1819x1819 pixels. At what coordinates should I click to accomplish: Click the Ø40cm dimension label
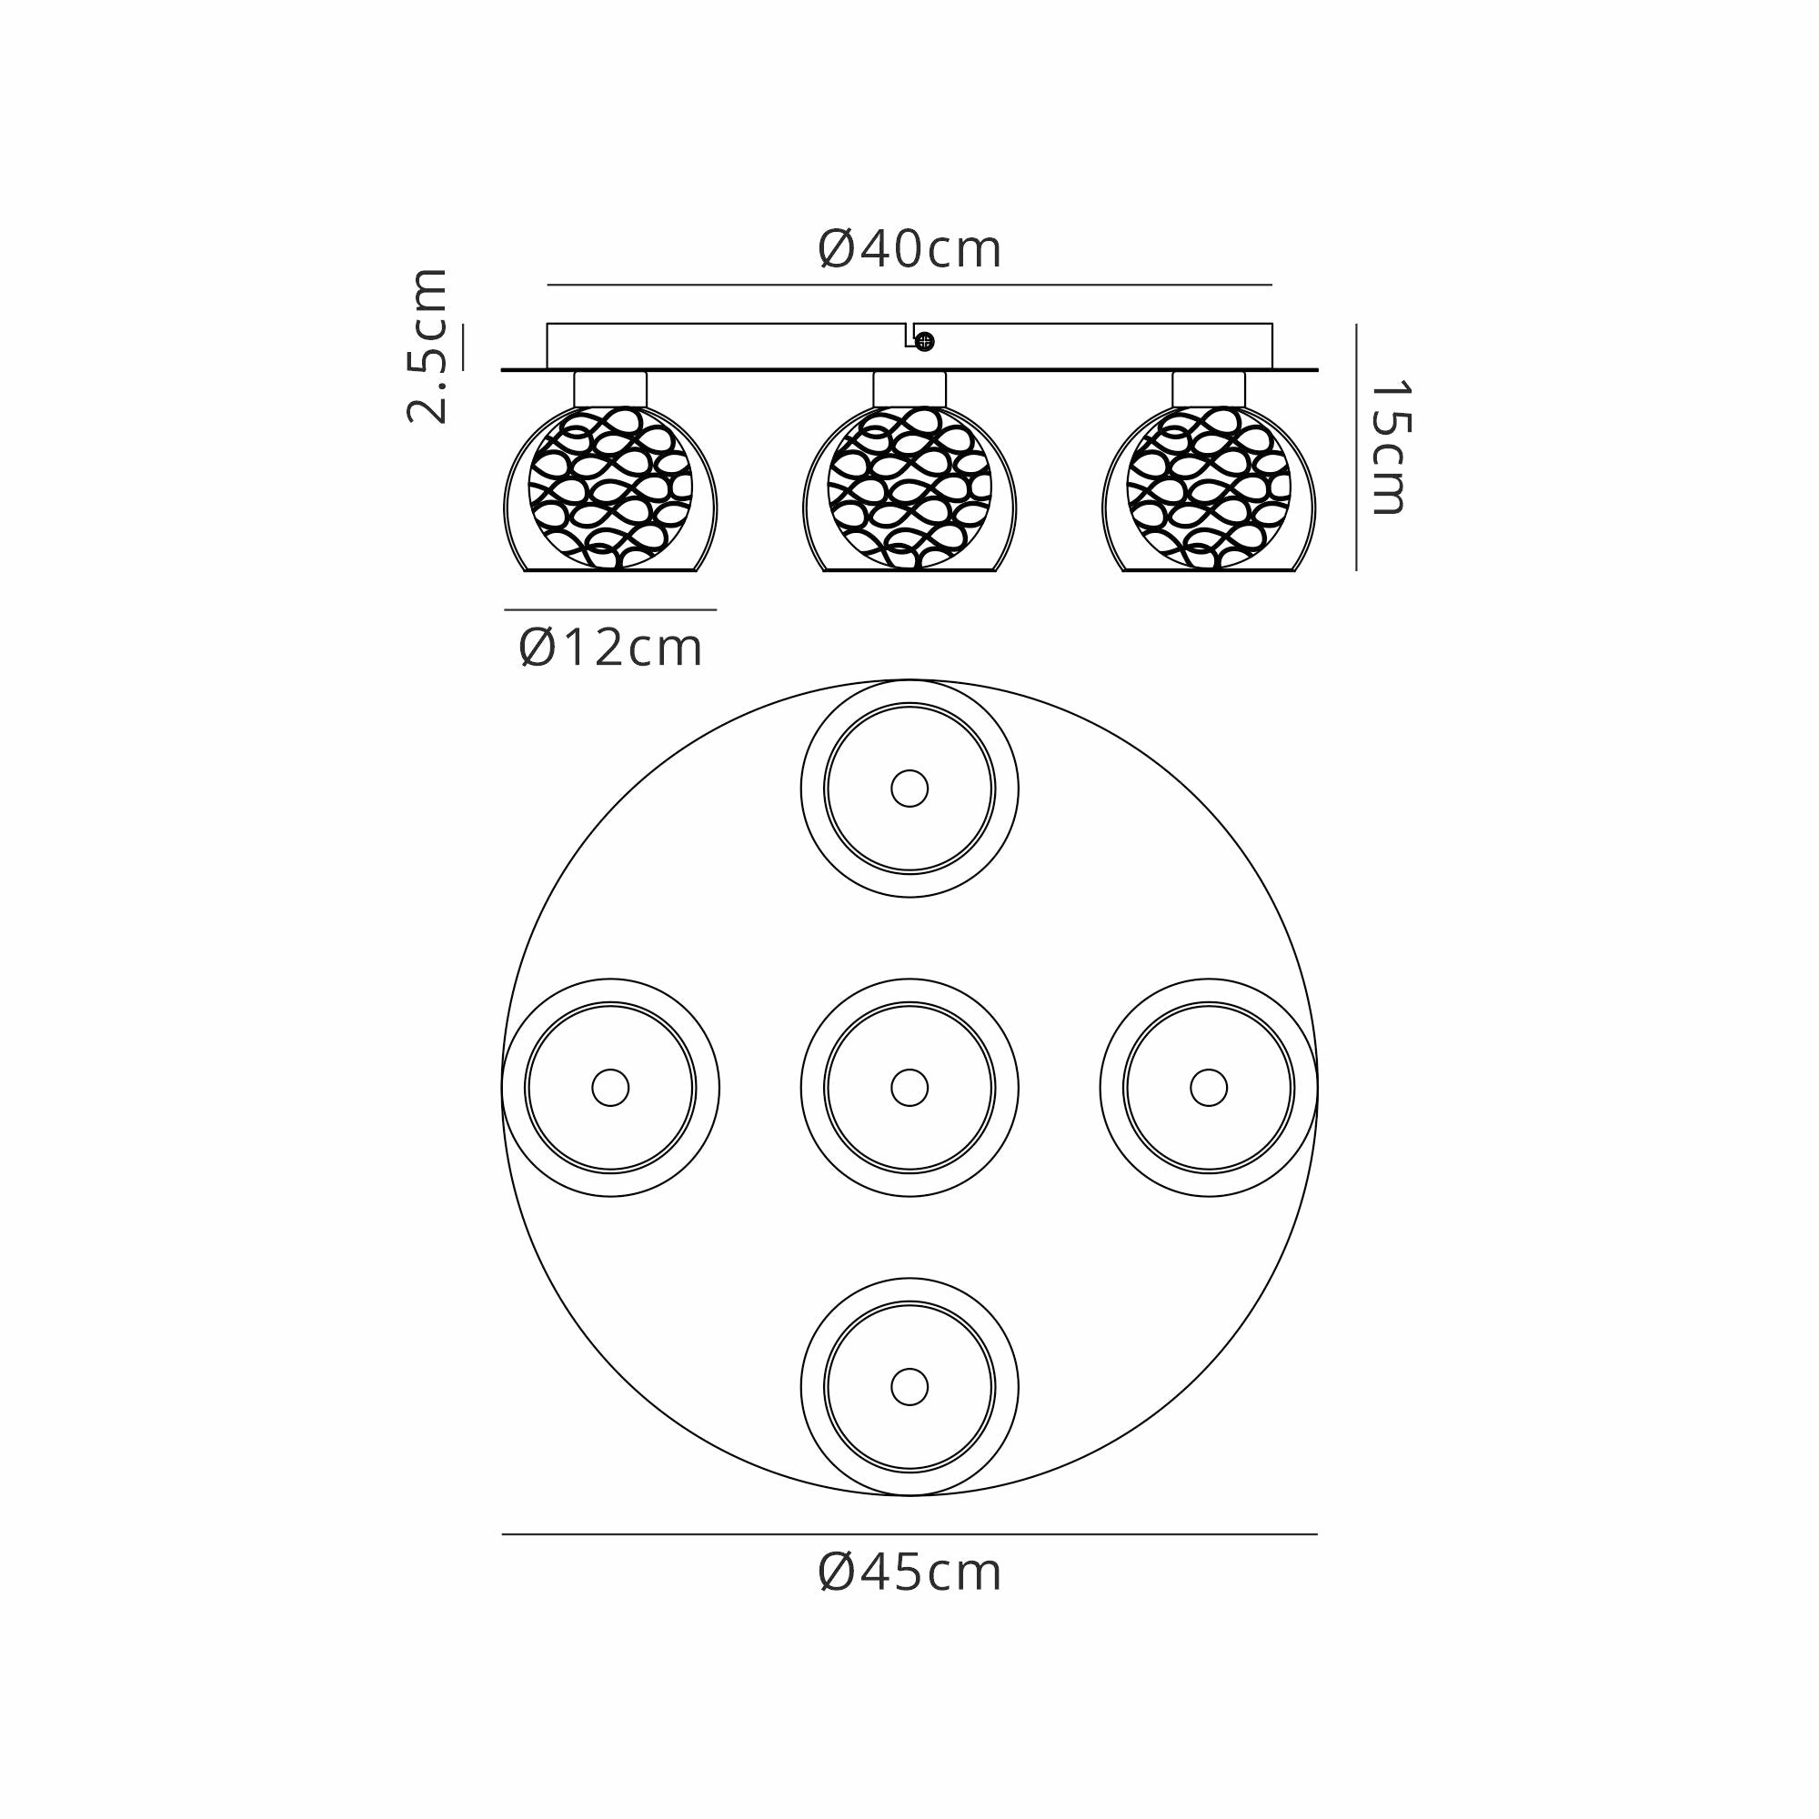click(909, 249)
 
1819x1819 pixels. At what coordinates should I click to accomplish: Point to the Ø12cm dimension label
click(611, 648)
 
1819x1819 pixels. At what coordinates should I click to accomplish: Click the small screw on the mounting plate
click(925, 342)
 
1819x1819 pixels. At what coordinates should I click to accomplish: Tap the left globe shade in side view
click(610, 488)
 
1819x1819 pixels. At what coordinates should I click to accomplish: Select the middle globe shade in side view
click(909, 488)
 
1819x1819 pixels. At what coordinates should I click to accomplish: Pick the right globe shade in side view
click(1209, 488)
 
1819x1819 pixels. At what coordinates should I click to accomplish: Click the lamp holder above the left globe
click(610, 389)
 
